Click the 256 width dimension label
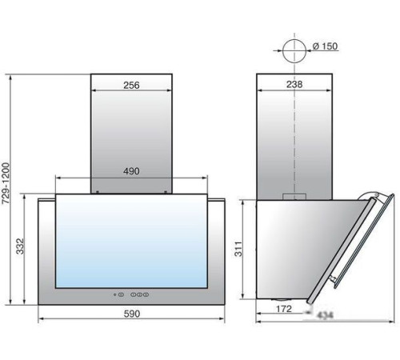[131, 86]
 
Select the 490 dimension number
[131, 171]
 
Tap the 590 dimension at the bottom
[132, 314]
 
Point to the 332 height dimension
[20, 246]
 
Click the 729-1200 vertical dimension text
[6, 183]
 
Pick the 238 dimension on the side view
[294, 85]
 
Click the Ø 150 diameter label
[325, 46]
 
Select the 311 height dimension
[238, 249]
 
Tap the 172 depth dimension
[284, 309]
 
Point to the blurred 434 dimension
[326, 315]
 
